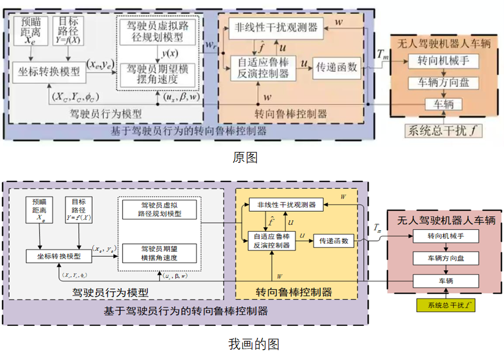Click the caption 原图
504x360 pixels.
(245, 157)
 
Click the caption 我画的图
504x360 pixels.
(253, 344)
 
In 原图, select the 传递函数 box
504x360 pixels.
(336, 67)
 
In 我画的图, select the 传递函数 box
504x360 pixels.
(333, 241)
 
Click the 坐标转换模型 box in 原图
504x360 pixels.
(48, 72)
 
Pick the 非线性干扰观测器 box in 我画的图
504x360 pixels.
(285, 205)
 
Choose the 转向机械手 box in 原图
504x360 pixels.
(444, 61)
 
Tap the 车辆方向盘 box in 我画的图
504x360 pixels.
(445, 258)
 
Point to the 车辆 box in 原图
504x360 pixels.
(444, 103)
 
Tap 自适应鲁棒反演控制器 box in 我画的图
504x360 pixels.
(271, 241)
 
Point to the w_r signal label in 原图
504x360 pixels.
(210, 47)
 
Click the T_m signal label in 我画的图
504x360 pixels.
(379, 229)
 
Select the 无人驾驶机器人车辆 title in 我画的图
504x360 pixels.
(445, 220)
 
